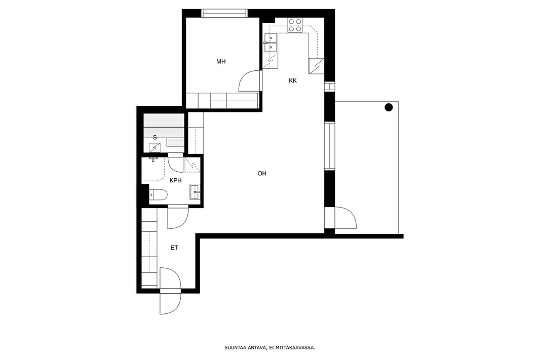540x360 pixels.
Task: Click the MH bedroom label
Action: pyautogui.click(x=221, y=62)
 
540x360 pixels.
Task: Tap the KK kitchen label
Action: pyautogui.click(x=293, y=81)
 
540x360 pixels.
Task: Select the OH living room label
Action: pyautogui.click(x=262, y=174)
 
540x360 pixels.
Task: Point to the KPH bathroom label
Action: pyautogui.click(x=176, y=180)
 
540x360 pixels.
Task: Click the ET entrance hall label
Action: pyautogui.click(x=174, y=248)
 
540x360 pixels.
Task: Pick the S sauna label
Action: pyautogui.click(x=155, y=137)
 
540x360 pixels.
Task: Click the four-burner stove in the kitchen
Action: pyautogui.click(x=295, y=25)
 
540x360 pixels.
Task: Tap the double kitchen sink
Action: pyautogui.click(x=271, y=43)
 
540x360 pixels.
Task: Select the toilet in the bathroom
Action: pyautogui.click(x=159, y=195)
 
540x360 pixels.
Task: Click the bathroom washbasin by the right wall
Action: pyautogui.click(x=195, y=192)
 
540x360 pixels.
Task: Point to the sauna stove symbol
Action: pyautogui.click(x=155, y=148)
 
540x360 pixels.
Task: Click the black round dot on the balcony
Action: pyautogui.click(x=389, y=108)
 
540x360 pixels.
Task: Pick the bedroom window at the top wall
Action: pyautogui.click(x=224, y=14)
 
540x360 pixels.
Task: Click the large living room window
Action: pyautogui.click(x=330, y=146)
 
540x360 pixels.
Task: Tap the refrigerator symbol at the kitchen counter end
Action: pyautogui.click(x=317, y=66)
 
